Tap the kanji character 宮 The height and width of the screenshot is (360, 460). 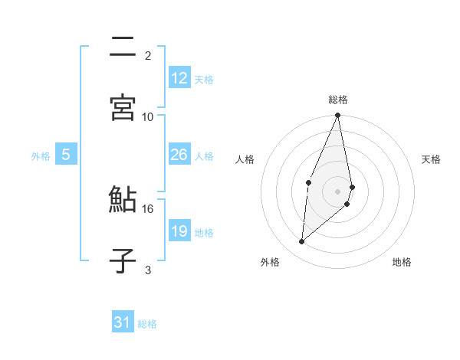coord(123,107)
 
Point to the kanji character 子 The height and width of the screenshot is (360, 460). coord(123,260)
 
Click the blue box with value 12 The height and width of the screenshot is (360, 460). coord(179,78)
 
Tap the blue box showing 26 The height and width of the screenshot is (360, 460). coord(179,155)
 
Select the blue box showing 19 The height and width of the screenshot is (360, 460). coord(179,231)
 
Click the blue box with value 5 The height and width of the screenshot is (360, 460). coord(66,155)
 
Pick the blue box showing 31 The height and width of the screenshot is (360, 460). coord(123,322)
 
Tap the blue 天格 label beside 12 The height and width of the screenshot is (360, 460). coord(204,79)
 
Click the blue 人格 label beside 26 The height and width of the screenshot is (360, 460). coord(204,155)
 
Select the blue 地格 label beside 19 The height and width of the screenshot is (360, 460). coord(204,232)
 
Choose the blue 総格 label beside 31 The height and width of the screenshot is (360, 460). coord(147,323)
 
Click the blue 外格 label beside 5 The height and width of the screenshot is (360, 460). coord(41,155)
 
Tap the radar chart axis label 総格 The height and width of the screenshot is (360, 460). coord(338,100)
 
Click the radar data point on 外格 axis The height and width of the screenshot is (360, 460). coord(302,242)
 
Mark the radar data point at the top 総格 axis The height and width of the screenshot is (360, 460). coord(338,116)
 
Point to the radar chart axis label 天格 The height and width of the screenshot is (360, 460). coord(432,159)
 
